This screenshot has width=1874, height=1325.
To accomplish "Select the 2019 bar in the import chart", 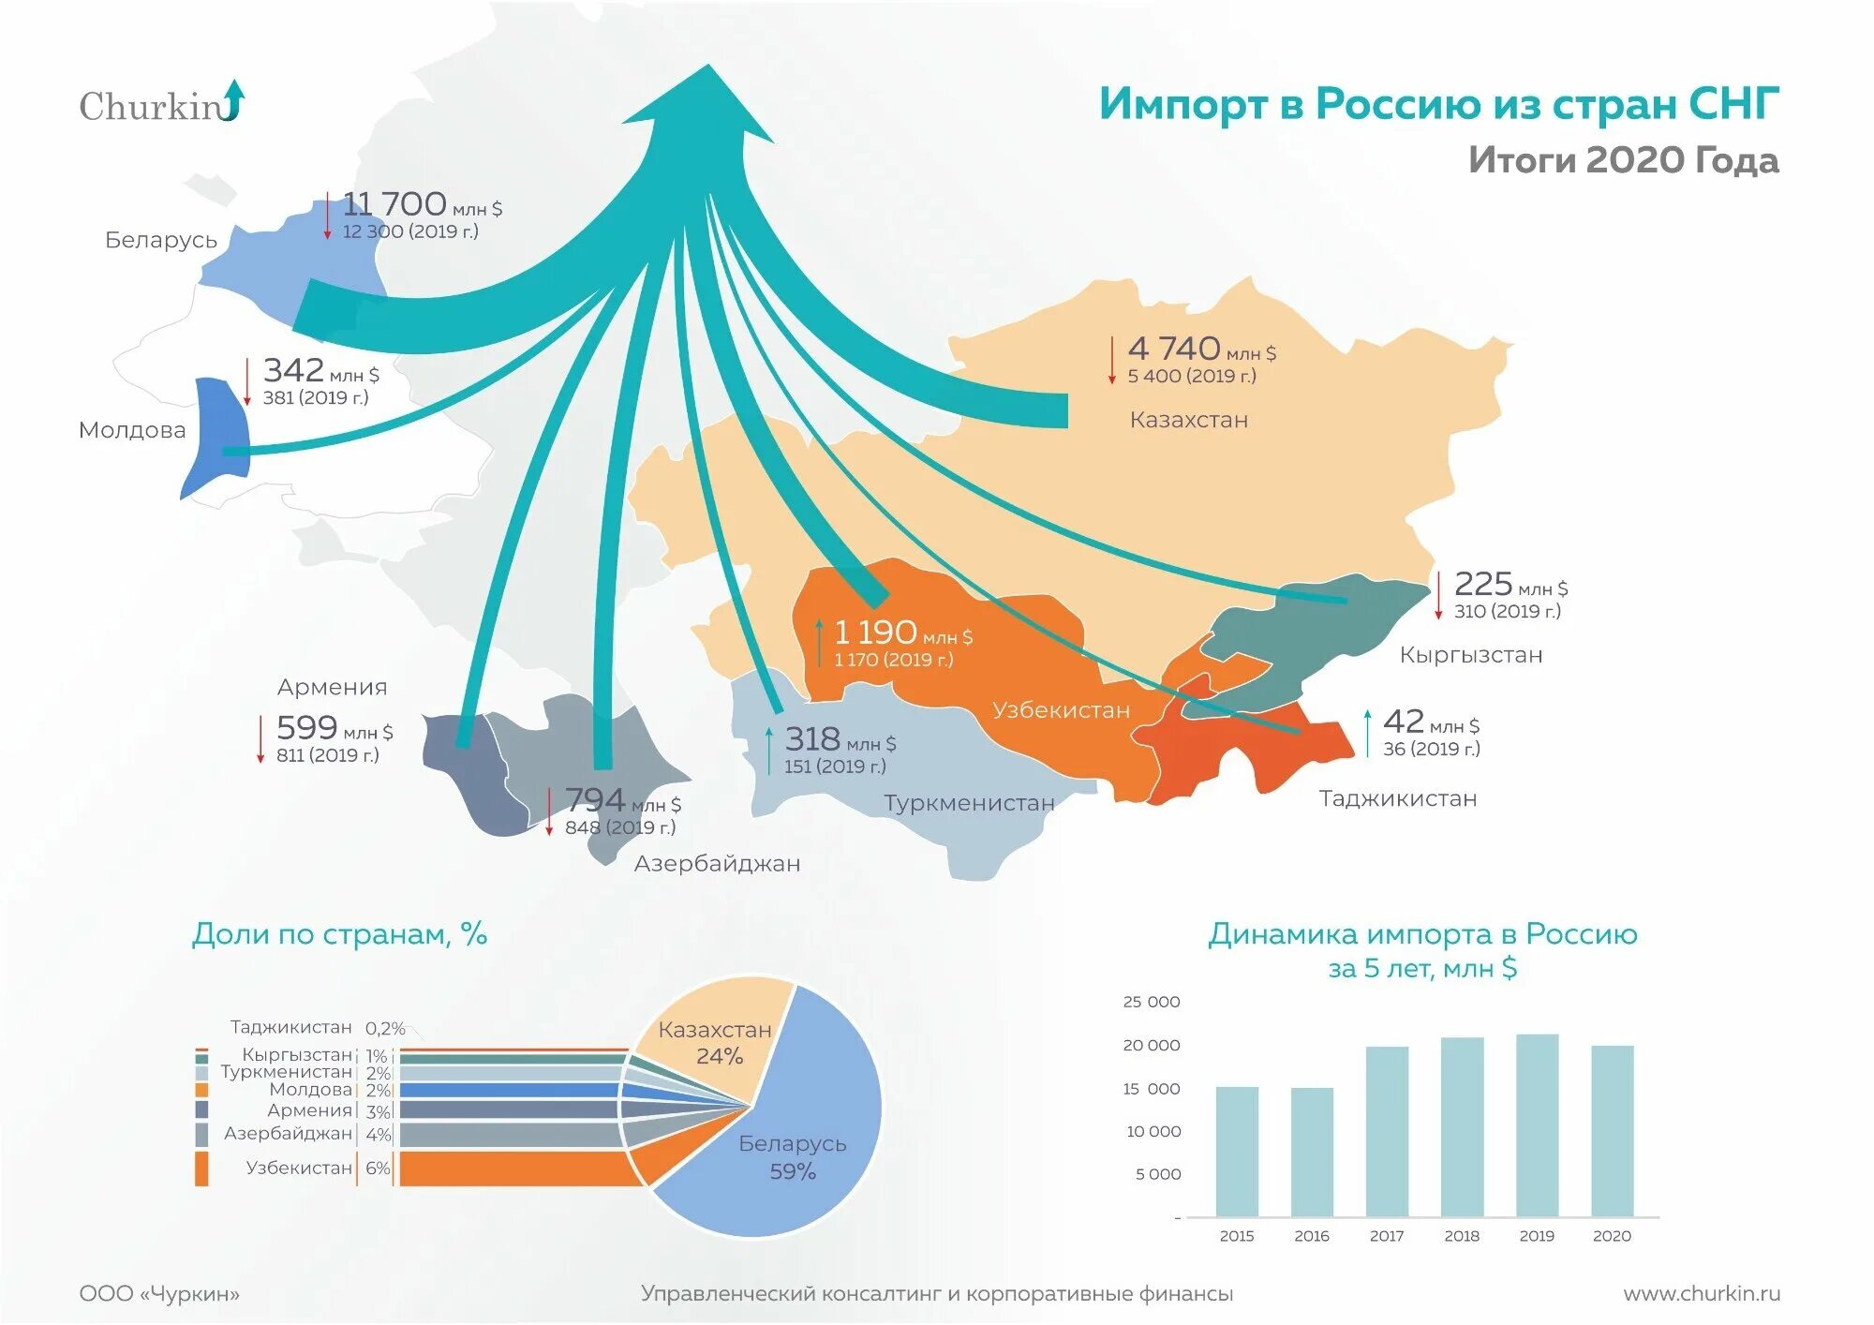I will (x=1537, y=1124).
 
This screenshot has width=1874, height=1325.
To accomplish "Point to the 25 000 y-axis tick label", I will (x=1152, y=1002).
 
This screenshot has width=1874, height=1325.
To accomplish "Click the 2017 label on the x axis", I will (x=1387, y=1236).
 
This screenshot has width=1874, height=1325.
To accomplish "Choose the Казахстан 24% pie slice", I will (x=717, y=1040).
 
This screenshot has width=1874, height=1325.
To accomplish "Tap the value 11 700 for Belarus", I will (x=394, y=203).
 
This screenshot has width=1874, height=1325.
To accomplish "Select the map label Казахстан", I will (x=1188, y=420).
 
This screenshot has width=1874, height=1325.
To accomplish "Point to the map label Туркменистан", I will (x=969, y=803).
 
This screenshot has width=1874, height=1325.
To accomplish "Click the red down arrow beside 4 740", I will (x=1112, y=361).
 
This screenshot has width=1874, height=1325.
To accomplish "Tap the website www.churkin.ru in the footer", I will (x=1702, y=1293).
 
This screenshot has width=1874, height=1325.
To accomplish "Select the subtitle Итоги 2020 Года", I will (x=1623, y=160).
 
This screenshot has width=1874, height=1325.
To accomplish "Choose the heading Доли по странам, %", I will (x=339, y=934).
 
